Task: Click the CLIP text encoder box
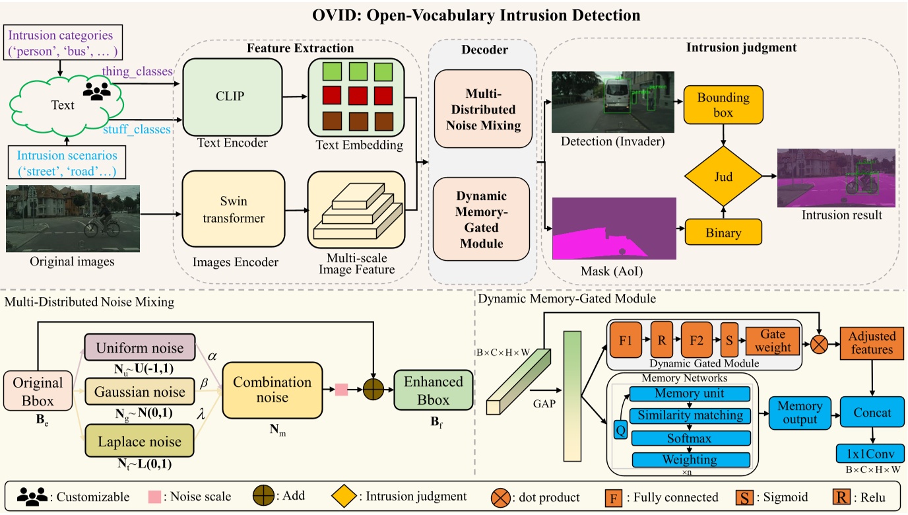click(x=229, y=96)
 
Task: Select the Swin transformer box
click(x=234, y=210)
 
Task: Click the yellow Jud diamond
click(x=724, y=177)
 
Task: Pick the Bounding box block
click(x=724, y=105)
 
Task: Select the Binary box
click(x=724, y=232)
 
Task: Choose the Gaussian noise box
click(x=139, y=392)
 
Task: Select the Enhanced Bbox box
click(x=434, y=390)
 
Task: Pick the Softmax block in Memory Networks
click(x=690, y=438)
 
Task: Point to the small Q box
click(x=620, y=430)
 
